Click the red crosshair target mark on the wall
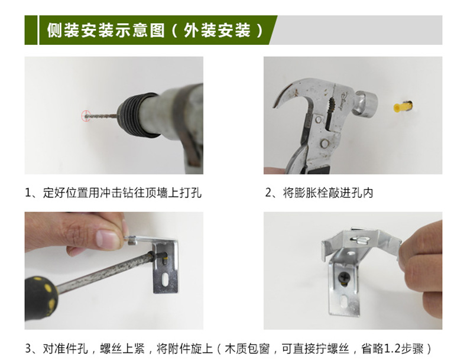click(86, 116)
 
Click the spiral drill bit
click(102, 116)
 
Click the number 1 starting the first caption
click(28, 193)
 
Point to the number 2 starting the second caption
click(268, 193)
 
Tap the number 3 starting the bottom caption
click(28, 348)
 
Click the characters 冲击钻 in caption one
click(116, 193)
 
